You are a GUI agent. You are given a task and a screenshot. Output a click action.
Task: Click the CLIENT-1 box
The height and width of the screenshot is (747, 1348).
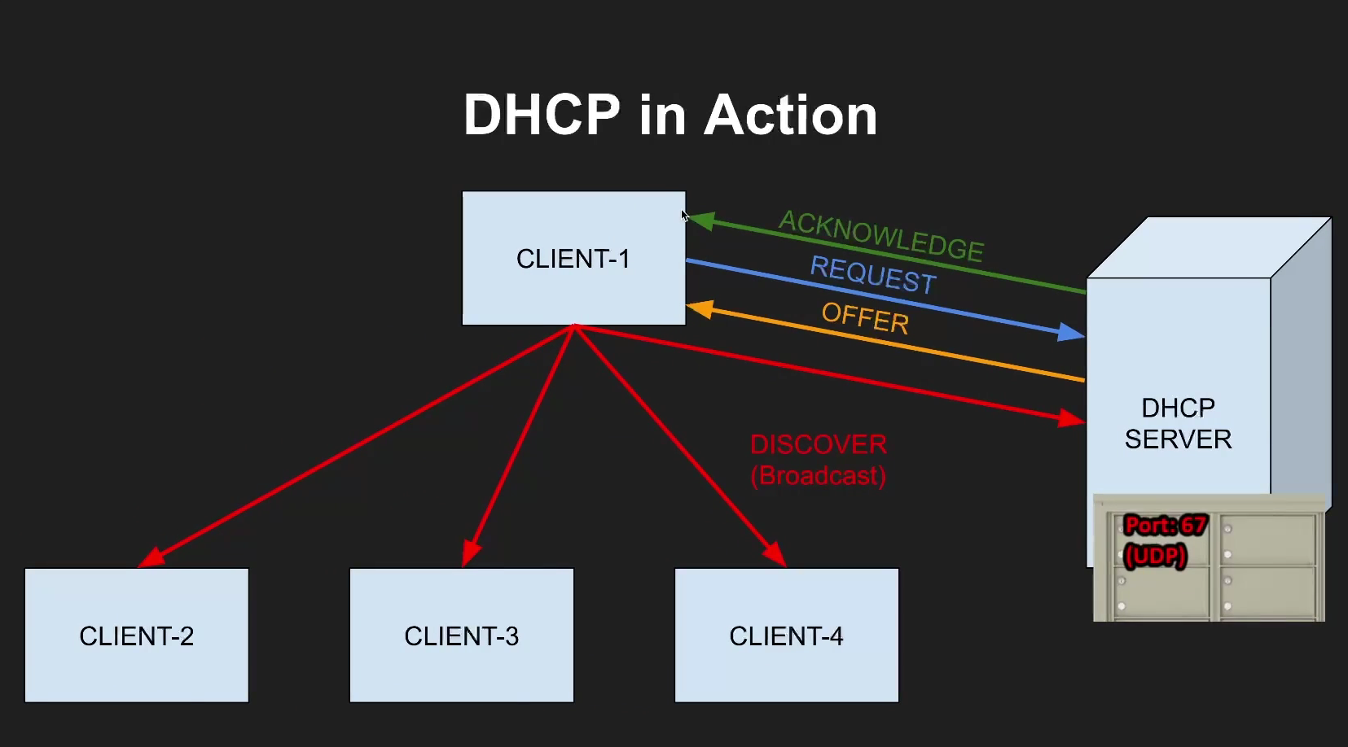(573, 258)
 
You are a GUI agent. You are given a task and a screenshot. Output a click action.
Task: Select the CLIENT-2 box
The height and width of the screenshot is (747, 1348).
(137, 635)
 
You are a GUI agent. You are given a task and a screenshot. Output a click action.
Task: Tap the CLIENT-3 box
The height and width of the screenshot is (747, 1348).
(461, 635)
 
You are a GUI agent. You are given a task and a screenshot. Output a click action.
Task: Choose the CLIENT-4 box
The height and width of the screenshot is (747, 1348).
(786, 635)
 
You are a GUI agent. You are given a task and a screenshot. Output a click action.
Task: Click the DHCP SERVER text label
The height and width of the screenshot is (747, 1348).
(1178, 423)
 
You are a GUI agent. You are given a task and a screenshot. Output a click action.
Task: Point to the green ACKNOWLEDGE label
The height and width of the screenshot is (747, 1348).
(881, 234)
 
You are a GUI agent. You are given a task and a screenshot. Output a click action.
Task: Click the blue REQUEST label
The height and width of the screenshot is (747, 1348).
(872, 273)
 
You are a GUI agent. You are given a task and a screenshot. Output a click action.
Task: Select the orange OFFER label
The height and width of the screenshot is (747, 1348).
(865, 317)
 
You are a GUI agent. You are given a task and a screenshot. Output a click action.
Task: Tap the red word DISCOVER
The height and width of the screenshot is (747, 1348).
(819, 444)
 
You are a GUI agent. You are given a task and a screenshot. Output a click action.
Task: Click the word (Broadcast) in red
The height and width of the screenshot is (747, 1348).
(819, 475)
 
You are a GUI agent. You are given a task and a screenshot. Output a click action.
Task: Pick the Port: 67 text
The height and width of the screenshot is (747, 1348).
(1165, 526)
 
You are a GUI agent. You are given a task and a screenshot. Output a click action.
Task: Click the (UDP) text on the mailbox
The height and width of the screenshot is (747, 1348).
(1155, 556)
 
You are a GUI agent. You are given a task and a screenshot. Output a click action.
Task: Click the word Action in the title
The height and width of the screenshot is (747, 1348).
(790, 115)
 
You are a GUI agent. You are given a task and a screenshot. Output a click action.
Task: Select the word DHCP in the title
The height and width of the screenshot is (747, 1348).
(542, 115)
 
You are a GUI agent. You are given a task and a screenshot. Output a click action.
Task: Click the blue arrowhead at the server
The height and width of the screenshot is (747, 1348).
(1071, 332)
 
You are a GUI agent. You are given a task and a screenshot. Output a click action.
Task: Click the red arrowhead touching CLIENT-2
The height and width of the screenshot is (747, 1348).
(151, 557)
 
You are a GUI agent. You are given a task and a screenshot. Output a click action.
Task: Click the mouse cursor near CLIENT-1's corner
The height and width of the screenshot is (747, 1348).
(685, 216)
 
